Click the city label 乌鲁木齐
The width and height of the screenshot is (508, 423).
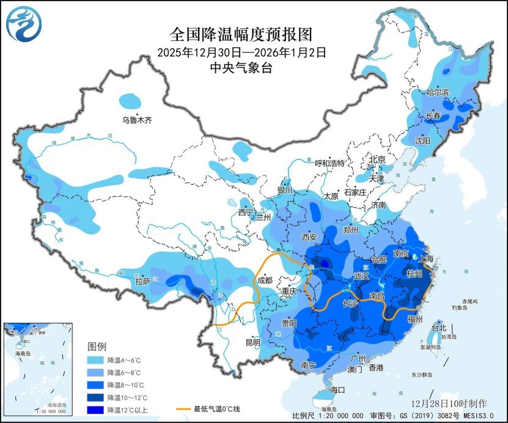[x=137, y=120]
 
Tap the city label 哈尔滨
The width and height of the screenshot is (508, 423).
[x=438, y=92]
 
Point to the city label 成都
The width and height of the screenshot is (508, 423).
[x=265, y=281]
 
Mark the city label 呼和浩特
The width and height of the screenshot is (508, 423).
[x=330, y=163]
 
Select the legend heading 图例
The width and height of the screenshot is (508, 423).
[x=98, y=347]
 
